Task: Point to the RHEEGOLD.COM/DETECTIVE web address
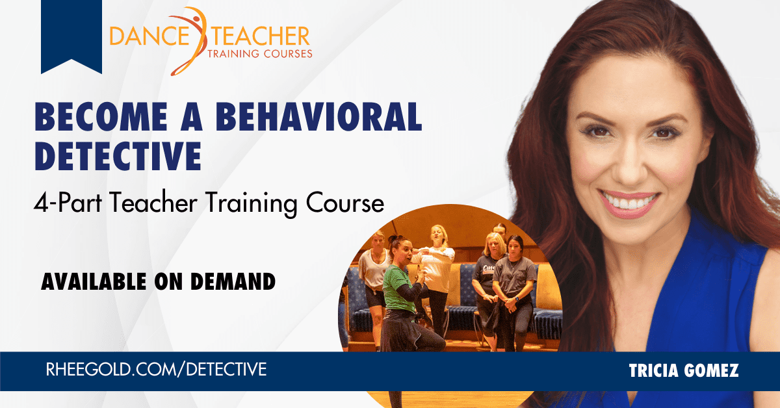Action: click(156, 370)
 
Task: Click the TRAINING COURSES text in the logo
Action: click(259, 53)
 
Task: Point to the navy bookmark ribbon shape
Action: click(70, 36)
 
